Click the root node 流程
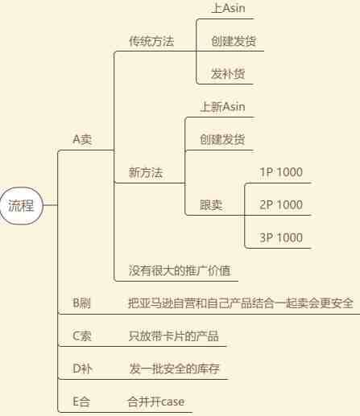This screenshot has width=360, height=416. (x=21, y=206)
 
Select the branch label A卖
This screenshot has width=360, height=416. (x=82, y=139)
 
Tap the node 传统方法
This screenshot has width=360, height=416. (x=151, y=41)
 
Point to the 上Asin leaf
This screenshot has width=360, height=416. (x=229, y=8)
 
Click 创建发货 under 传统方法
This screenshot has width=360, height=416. (x=234, y=41)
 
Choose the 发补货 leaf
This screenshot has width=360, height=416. (x=228, y=74)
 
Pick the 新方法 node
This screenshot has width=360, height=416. (x=146, y=172)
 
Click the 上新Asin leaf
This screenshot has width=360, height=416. (x=222, y=107)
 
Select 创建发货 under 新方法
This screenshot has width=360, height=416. (x=222, y=139)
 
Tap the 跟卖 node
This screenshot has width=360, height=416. (x=211, y=205)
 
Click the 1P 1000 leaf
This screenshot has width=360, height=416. (x=281, y=172)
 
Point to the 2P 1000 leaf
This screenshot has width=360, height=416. (x=281, y=205)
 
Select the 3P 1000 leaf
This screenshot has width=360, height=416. (x=281, y=237)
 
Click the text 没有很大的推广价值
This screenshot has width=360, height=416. (x=180, y=270)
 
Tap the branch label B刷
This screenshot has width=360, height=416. (x=82, y=303)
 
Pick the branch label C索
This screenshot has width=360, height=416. (x=82, y=336)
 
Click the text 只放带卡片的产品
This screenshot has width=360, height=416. (x=174, y=336)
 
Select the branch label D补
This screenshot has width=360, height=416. (x=82, y=369)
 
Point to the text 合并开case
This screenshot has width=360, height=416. (x=156, y=402)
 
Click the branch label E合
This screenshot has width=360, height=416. (x=81, y=402)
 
